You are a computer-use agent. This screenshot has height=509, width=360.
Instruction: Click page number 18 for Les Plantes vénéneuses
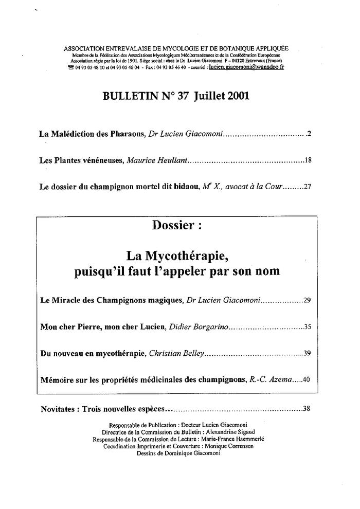(308, 160)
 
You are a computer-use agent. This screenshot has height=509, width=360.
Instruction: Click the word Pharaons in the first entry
(128, 134)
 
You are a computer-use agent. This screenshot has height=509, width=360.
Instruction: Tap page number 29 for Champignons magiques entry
(308, 300)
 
